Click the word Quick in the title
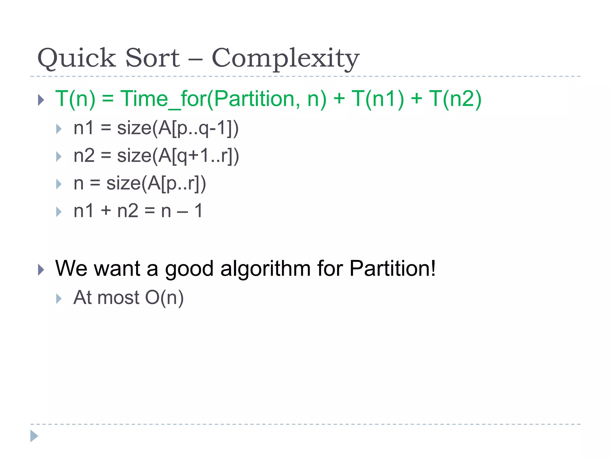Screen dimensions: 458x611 point(76,58)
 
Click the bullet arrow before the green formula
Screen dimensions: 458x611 point(41,100)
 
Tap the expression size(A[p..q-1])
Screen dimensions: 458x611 point(178,129)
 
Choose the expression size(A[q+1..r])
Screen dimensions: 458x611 point(178,156)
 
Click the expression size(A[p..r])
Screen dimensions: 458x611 point(156,183)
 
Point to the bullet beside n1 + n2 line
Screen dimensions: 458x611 point(59,212)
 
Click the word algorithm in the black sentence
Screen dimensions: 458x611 point(265,268)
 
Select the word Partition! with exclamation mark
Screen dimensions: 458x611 point(392,268)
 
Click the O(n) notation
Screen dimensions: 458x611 point(164,298)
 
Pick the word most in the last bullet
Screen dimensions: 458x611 point(118,298)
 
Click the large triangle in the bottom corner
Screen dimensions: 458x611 point(34,436)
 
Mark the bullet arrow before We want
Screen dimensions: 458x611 point(41,270)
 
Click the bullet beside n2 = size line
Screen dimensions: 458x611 point(59,157)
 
